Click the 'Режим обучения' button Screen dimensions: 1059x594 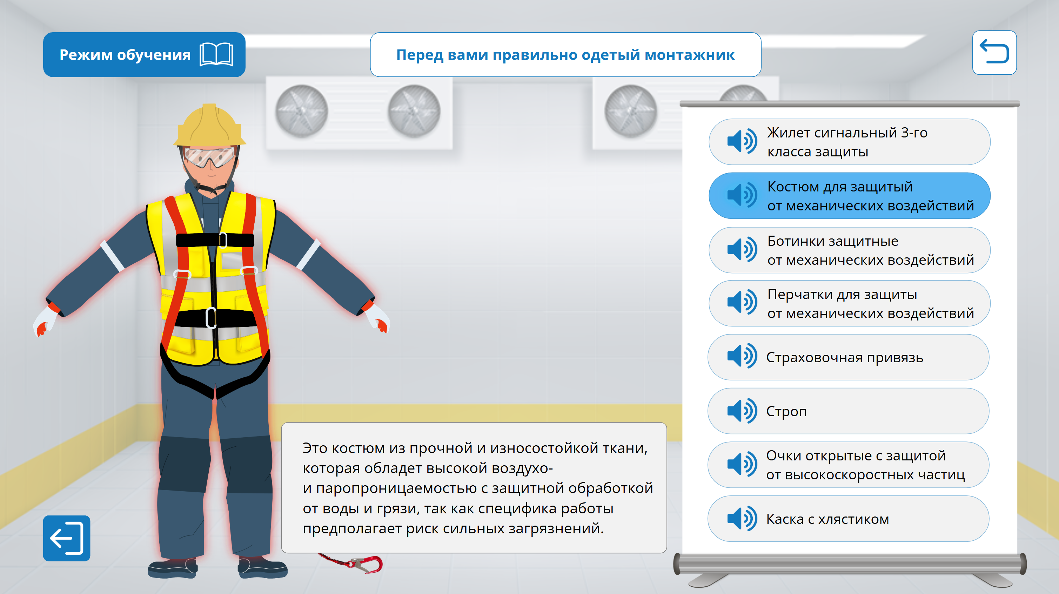tap(144, 55)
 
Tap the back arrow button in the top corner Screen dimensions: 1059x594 tap(994, 53)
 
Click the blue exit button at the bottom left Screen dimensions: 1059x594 tap(67, 538)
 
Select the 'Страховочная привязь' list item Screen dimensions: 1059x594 tap(848, 357)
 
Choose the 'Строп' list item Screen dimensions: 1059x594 tap(848, 411)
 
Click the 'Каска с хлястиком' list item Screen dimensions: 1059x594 tap(848, 519)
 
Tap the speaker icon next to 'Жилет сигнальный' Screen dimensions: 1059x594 tap(742, 141)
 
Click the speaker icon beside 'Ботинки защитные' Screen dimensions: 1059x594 tap(742, 250)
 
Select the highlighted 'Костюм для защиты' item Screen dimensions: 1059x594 tap(849, 196)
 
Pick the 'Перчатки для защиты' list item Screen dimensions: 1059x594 tap(849, 303)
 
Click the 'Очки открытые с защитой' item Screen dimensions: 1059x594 tap(848, 465)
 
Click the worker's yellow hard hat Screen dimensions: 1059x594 tap(210, 126)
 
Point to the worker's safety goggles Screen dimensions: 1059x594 tap(210, 157)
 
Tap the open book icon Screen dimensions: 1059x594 tap(216, 55)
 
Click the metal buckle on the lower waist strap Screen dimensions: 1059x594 tap(211, 318)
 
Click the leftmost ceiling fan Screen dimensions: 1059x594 tap(301, 111)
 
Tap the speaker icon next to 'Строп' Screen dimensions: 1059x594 tap(742, 411)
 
